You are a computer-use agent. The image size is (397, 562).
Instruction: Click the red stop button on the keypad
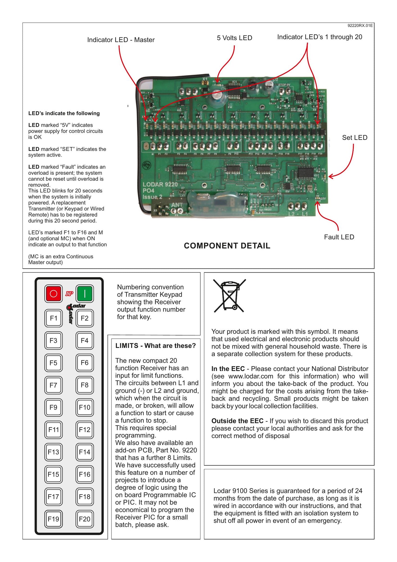(53, 294)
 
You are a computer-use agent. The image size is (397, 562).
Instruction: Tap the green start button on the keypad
(85, 294)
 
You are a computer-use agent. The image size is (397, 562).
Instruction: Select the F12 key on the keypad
(85, 430)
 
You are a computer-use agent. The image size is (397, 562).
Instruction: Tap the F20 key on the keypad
(85, 519)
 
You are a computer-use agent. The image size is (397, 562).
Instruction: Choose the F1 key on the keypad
(53, 318)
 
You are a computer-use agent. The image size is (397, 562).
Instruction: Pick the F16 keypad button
(85, 474)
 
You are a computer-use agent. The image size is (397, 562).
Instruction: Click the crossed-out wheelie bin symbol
(229, 296)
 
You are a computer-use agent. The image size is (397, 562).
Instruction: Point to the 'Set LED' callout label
(355, 138)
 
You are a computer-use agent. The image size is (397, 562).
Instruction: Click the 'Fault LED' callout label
(339, 237)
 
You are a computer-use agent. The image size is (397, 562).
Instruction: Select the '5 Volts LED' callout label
(234, 38)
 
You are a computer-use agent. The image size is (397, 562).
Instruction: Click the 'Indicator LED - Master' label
(121, 40)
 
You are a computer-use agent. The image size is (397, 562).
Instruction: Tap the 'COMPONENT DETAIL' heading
(227, 246)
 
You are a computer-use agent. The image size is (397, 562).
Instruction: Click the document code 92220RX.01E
(360, 26)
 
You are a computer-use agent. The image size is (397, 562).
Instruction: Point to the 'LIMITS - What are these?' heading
(155, 346)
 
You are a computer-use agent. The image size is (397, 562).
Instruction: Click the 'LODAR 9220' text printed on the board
(160, 184)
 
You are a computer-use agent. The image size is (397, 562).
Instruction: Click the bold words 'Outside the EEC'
(237, 421)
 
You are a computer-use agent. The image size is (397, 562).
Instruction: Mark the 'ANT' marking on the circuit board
(177, 205)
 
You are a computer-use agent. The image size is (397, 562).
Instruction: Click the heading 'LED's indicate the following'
(64, 113)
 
